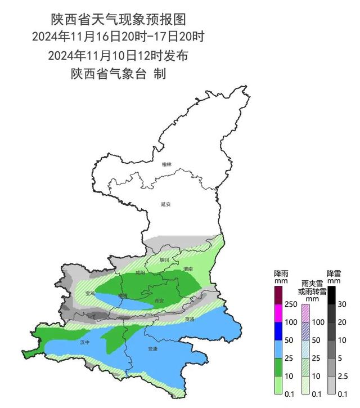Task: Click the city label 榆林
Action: tap(165, 164)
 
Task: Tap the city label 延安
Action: tap(165, 204)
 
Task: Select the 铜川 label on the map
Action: tap(164, 260)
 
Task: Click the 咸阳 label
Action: tap(140, 272)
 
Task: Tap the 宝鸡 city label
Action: tap(90, 293)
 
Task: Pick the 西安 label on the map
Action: tap(159, 301)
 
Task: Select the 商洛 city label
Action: tap(190, 319)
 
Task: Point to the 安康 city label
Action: tap(153, 349)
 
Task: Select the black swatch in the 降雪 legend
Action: tap(332, 294)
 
